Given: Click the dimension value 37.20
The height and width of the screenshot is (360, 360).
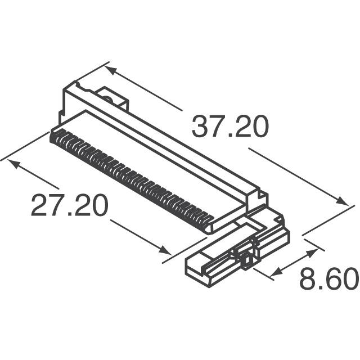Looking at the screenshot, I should click(x=229, y=127).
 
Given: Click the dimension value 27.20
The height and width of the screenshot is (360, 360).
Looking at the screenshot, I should click(x=69, y=206).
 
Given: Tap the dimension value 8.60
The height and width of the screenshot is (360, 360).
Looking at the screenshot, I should click(x=328, y=279).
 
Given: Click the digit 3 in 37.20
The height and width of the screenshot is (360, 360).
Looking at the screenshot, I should click(x=200, y=127).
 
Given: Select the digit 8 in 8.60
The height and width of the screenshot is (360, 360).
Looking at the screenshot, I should click(x=308, y=279).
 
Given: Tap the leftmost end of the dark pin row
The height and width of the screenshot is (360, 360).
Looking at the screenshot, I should click(x=53, y=135).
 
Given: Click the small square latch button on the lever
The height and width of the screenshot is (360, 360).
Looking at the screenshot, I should click(x=245, y=260).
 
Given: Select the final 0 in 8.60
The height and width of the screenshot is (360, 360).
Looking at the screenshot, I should click(x=350, y=279).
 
